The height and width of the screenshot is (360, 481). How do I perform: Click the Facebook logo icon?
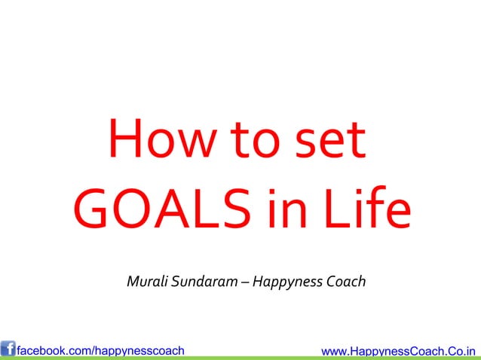pos(8,349)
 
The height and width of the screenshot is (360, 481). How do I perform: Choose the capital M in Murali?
pos(133,282)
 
